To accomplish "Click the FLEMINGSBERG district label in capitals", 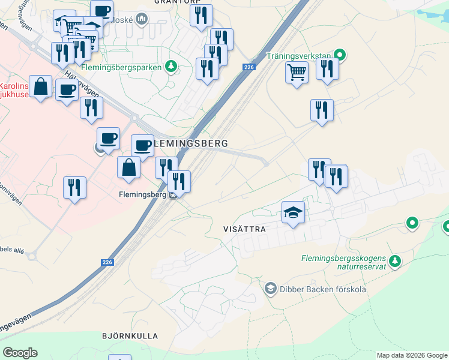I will [x=191, y=144].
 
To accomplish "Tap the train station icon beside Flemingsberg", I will [x=173, y=194].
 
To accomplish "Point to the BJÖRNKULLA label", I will [x=130, y=336].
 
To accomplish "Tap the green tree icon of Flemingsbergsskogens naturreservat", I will [x=394, y=260].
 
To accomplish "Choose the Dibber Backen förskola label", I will [x=322, y=289].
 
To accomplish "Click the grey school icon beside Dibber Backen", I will [x=270, y=289].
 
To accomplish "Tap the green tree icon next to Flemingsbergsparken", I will [x=172, y=67].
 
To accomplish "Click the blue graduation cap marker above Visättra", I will [x=293, y=213].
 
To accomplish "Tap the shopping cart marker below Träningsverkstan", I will [x=297, y=73].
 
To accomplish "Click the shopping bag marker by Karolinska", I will [x=41, y=87].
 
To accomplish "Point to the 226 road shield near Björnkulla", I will [x=107, y=262].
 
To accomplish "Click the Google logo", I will [x=20, y=353].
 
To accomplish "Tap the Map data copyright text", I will [x=411, y=356].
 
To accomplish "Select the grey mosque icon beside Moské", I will [x=142, y=19].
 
